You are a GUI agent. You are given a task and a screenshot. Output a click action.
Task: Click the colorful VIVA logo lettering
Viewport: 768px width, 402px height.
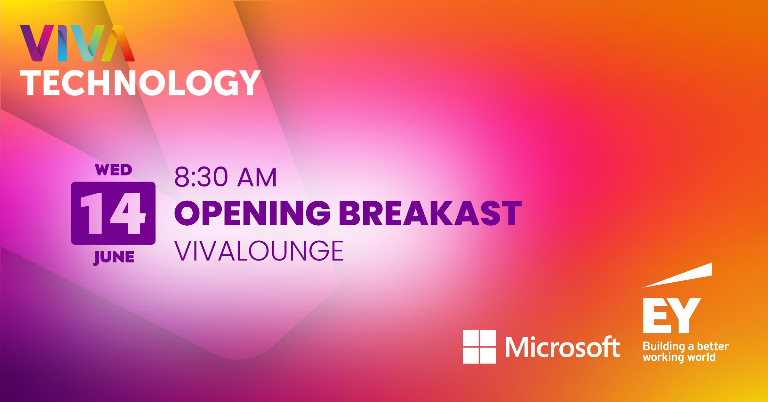(x=77, y=43)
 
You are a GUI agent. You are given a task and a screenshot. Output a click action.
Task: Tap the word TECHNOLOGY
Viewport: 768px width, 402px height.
(x=140, y=83)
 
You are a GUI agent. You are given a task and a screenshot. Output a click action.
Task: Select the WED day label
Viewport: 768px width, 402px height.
(x=114, y=170)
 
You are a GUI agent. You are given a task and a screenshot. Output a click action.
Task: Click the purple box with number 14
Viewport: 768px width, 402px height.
(x=113, y=213)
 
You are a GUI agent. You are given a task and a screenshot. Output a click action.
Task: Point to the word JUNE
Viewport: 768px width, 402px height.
(x=114, y=257)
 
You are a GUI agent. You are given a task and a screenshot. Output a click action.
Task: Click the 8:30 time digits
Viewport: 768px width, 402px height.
(x=201, y=177)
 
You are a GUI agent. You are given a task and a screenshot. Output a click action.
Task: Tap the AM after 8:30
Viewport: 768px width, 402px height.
(x=257, y=177)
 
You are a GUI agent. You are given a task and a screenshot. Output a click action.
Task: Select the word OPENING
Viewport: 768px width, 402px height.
(x=252, y=213)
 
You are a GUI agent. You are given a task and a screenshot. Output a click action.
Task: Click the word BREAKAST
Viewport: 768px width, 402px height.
(x=430, y=213)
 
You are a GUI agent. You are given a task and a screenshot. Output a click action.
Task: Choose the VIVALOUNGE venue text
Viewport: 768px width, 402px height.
(x=259, y=251)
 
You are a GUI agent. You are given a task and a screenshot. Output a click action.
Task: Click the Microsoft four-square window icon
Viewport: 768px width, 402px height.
(x=479, y=347)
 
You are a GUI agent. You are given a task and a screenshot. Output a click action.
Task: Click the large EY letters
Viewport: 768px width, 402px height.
(x=672, y=316)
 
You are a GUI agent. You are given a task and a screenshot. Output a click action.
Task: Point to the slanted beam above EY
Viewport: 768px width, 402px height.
(x=677, y=275)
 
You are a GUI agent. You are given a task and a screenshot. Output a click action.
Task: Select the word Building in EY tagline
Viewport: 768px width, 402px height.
(x=664, y=347)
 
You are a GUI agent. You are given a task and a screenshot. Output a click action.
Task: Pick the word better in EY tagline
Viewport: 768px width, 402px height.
(x=713, y=346)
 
